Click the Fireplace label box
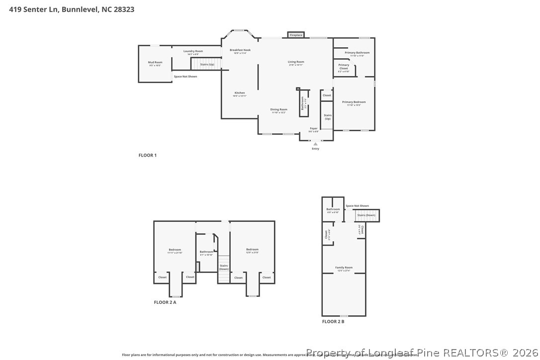(296, 35)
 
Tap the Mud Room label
(155, 63)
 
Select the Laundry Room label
(193, 51)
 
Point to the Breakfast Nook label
(240, 50)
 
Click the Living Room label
(296, 62)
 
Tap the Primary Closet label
(344, 67)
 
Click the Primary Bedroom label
(354, 102)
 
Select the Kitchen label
(240, 93)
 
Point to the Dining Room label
(278, 109)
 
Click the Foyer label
(314, 128)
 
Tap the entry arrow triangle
(315, 144)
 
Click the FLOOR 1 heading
(147, 156)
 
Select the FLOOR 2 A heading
(165, 302)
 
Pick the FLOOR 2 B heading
(333, 322)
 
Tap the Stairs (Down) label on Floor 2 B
(366, 215)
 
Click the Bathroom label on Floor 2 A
(206, 252)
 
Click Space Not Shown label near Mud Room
(185, 77)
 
